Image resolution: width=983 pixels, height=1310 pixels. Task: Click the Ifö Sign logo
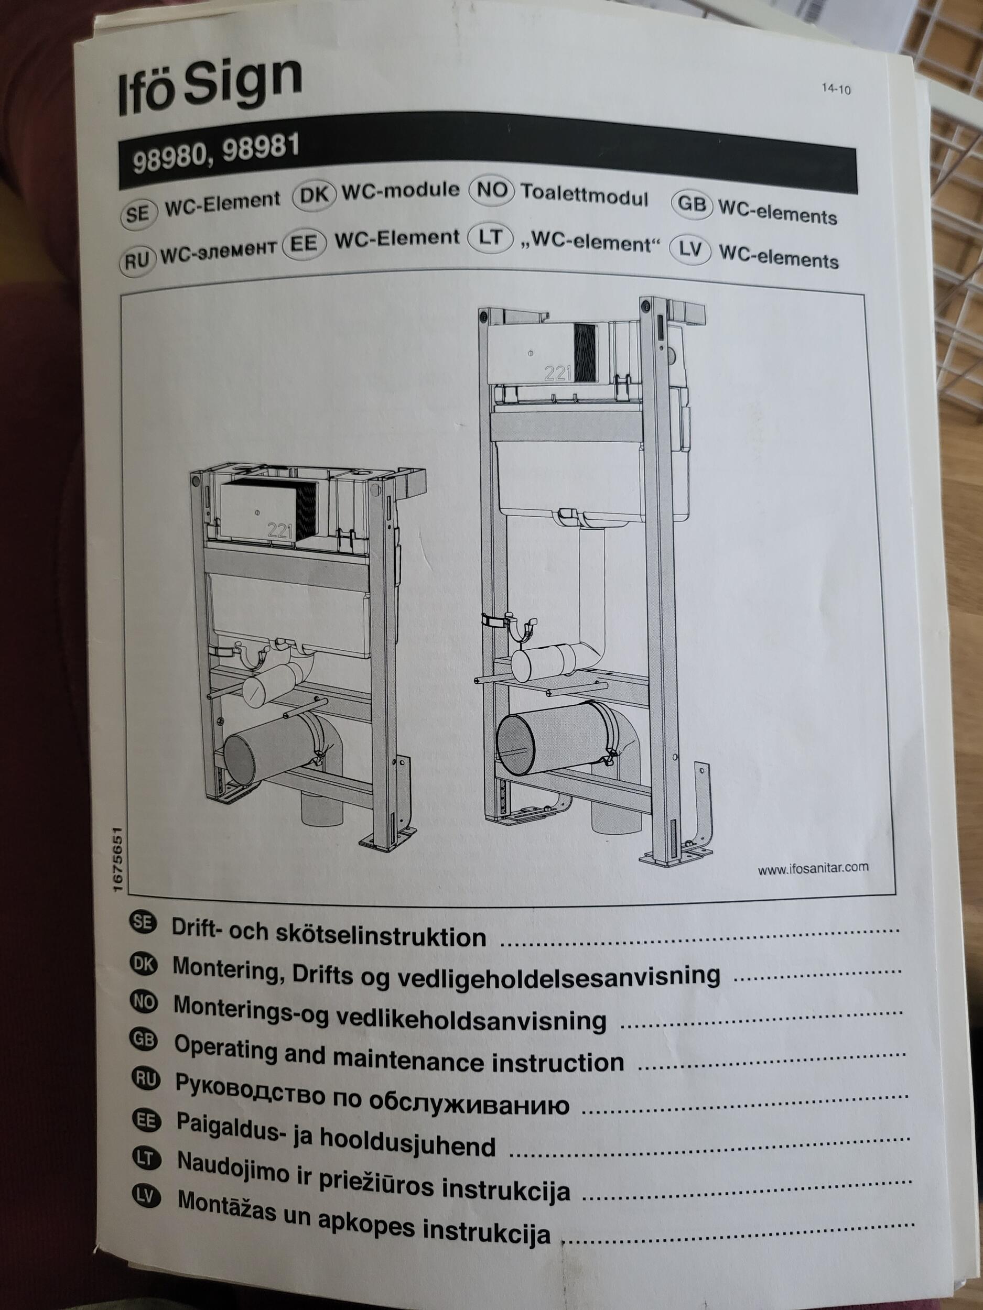209,86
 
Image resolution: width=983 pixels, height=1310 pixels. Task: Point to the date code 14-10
836,90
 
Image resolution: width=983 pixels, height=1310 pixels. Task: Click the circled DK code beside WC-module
314,195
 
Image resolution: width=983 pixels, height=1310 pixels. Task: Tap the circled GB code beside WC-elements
691,204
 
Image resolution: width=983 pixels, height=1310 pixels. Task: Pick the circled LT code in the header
490,238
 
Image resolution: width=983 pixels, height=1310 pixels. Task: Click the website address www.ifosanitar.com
813,869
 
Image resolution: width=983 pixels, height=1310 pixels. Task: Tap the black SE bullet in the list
142,923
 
